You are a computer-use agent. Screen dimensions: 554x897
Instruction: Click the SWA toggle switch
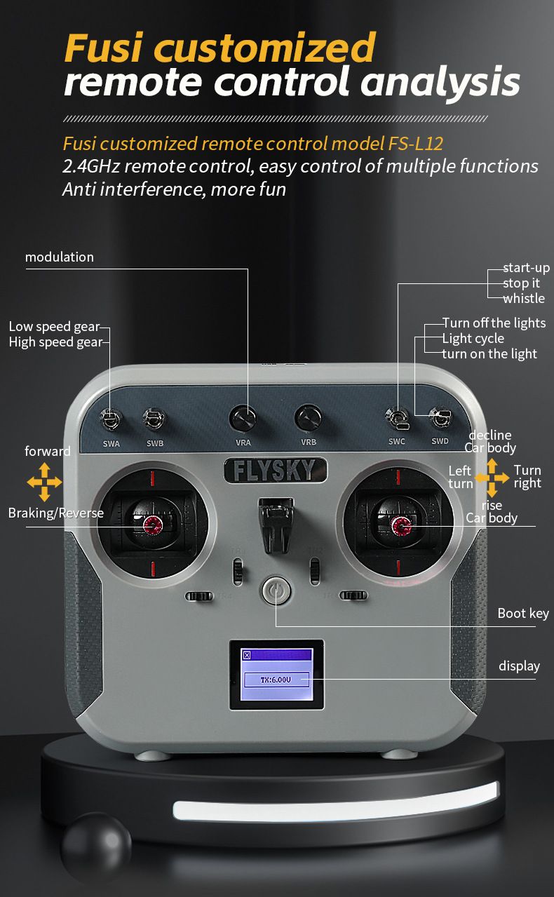111,419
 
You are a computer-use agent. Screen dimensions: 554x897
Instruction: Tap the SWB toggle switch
154,419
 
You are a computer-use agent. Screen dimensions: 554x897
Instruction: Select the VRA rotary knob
243,418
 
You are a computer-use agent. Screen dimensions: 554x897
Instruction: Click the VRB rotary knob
308,418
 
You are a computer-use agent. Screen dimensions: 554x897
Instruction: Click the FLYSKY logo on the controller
276,470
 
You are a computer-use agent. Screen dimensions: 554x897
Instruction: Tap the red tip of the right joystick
401,525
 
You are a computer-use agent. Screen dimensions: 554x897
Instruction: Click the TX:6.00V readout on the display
276,680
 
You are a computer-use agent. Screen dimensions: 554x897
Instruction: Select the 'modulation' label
59,257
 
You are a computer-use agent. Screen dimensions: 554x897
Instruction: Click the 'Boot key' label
522,614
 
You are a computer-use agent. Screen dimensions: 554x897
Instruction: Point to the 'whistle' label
524,298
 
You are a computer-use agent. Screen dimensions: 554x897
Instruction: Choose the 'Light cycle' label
473,339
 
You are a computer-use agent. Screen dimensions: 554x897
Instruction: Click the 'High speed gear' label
55,342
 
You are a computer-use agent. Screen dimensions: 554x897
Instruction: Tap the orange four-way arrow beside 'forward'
44,482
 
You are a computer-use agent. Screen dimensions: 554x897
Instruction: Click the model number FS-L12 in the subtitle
415,144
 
